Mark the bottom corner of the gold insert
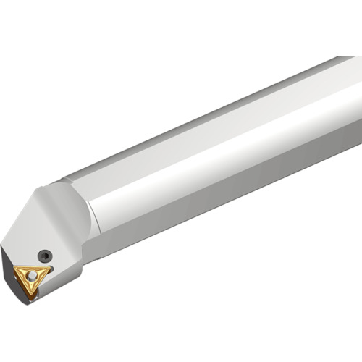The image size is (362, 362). [x=32, y=295]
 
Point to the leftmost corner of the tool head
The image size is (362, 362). [x=2, y=245]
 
